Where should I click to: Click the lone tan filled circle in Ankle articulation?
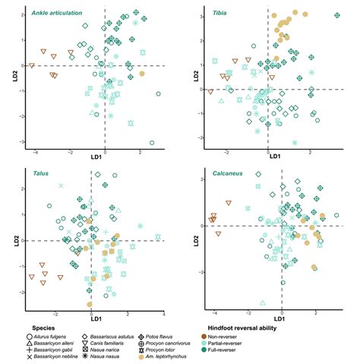click(142, 74)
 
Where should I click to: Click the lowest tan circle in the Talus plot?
click(90, 304)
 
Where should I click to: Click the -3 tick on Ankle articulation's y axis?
click(24, 142)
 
